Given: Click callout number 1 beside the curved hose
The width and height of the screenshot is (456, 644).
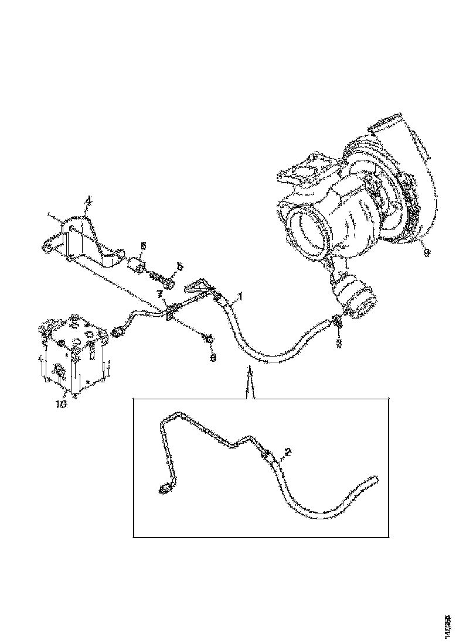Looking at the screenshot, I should pos(239,296).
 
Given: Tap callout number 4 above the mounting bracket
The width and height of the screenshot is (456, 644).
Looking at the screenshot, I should pos(88,202).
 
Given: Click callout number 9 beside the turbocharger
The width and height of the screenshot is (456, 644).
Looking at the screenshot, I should pos(427,252).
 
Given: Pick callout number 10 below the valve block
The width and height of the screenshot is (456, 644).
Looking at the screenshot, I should pos(62,403).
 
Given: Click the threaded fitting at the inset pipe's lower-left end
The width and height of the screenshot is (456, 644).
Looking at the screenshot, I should pos(165,487).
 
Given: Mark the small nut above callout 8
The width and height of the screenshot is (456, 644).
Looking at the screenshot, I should pos(207,338).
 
